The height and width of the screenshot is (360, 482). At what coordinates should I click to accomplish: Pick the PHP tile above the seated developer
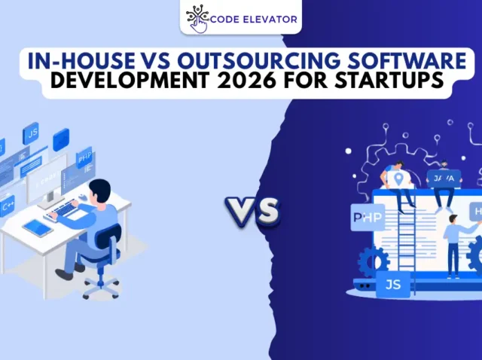84,158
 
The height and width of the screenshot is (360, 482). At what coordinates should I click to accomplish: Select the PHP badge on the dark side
367,218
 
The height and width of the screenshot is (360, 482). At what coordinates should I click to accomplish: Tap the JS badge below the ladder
392,285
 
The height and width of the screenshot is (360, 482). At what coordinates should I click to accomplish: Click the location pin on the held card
398,178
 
